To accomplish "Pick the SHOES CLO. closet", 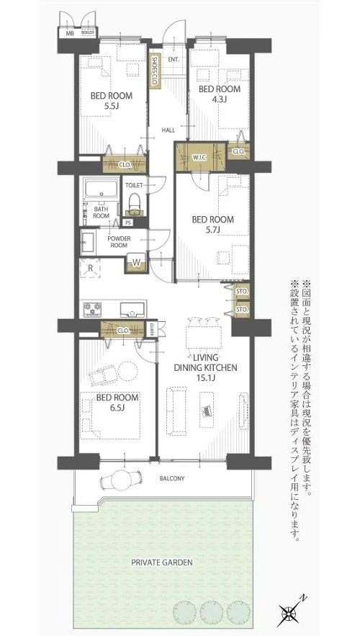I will point(154,71).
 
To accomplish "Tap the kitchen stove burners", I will point(94,310).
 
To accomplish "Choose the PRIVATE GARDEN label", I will point(163,562).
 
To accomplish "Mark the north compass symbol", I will point(291,614).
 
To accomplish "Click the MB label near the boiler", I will point(70,33).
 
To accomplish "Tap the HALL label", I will point(168,130).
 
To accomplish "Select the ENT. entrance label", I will point(174,58).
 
